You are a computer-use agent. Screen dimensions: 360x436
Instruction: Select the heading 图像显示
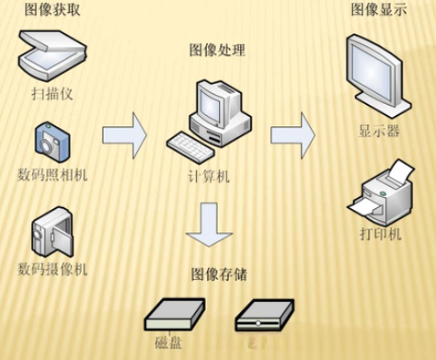[378, 10]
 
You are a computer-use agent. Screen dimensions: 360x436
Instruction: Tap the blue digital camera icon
[51, 140]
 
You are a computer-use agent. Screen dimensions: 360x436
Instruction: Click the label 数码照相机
[52, 174]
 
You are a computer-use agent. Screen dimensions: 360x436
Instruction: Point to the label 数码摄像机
[52, 269]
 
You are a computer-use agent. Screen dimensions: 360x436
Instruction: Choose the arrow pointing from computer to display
[293, 132]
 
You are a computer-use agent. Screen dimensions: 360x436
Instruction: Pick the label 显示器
[379, 130]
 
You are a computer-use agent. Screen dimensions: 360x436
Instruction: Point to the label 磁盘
[168, 344]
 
